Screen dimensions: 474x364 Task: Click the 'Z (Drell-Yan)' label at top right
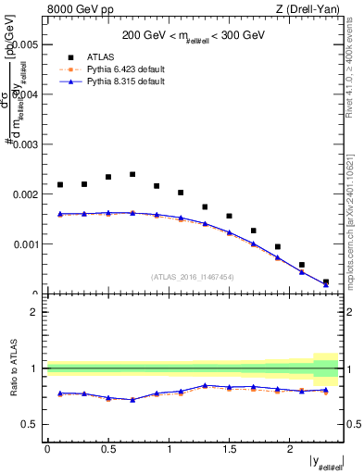(x=314, y=10)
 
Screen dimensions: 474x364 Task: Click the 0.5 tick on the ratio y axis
(x=30, y=424)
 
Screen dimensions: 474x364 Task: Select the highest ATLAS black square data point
(x=132, y=174)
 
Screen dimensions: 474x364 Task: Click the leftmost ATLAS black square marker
(x=60, y=184)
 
